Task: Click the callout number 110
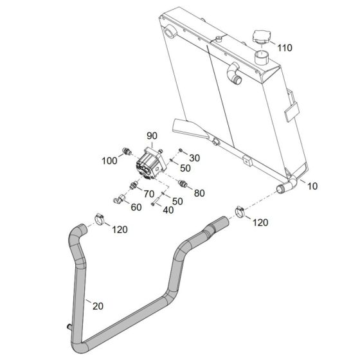(x=285, y=48)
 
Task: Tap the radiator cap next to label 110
(x=261, y=37)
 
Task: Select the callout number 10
(x=312, y=186)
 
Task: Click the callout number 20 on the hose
(x=98, y=306)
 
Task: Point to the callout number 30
(x=194, y=158)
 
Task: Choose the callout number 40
(x=168, y=210)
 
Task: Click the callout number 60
(x=136, y=207)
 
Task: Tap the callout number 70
(x=149, y=194)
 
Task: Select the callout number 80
(x=199, y=193)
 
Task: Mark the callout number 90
(x=152, y=136)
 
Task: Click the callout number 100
(x=109, y=161)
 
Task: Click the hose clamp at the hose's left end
(x=100, y=219)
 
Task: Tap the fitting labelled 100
(x=126, y=151)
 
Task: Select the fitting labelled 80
(x=183, y=183)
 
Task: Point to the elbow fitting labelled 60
(x=119, y=199)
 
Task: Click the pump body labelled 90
(x=151, y=163)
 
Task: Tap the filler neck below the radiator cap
(x=261, y=57)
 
